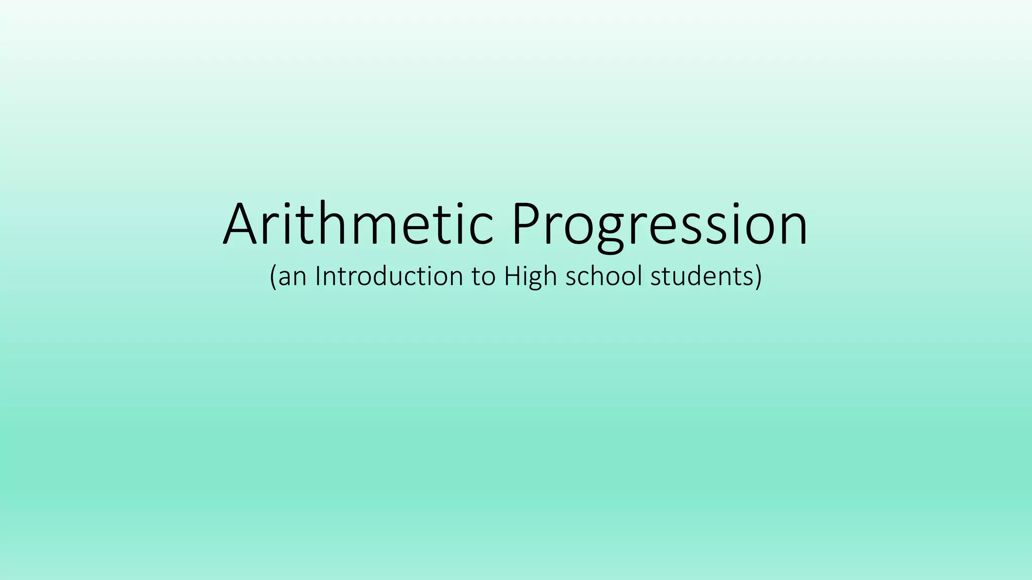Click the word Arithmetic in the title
(358, 224)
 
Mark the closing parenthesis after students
(758, 277)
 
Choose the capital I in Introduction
(318, 276)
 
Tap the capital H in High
(513, 276)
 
